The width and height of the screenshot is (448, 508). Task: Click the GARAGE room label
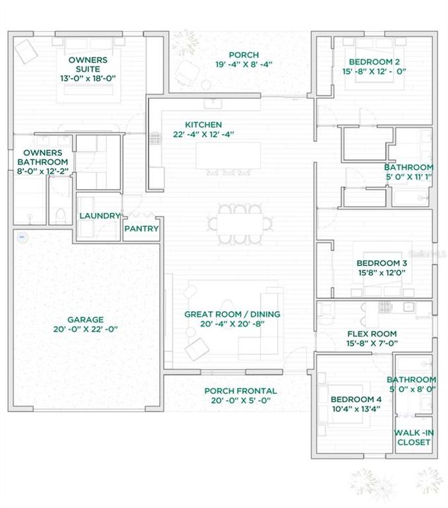(85, 319)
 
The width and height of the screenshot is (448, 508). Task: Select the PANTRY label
(141, 229)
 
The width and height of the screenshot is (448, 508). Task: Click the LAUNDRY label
(99, 216)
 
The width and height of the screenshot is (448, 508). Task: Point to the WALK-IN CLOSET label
(415, 437)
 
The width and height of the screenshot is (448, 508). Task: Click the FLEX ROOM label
(372, 334)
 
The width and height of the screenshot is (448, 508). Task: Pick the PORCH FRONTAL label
(240, 391)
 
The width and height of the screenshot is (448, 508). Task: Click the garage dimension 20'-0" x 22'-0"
(85, 329)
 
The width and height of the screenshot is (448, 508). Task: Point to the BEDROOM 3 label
(381, 263)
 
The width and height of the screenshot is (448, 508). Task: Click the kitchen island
(228, 156)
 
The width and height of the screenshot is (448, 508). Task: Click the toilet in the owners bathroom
(61, 214)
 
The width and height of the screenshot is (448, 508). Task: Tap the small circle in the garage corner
(22, 236)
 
